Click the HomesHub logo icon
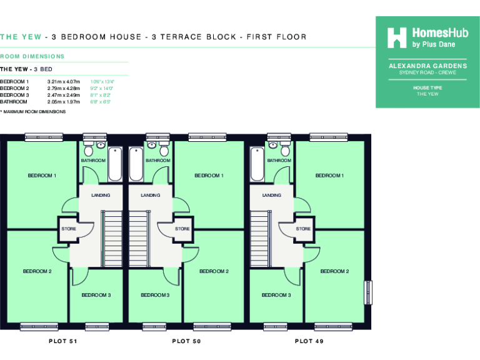point(397,38)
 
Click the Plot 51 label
point(63,342)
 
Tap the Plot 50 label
point(186,342)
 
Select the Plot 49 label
point(309,342)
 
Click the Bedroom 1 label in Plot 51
point(42,176)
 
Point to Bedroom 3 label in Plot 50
point(155,295)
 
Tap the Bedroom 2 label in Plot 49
point(334,271)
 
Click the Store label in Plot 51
point(69,229)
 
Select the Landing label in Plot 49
point(271,196)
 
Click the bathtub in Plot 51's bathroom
point(116,164)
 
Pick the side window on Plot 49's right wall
point(368,293)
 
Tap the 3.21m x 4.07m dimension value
point(64,82)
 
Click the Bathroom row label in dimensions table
point(14,101)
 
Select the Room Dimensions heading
point(32,57)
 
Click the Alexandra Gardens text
point(427,66)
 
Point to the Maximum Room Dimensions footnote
point(33,111)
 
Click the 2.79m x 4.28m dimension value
point(64,88)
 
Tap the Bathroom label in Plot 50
point(157,161)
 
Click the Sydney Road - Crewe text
point(427,72)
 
